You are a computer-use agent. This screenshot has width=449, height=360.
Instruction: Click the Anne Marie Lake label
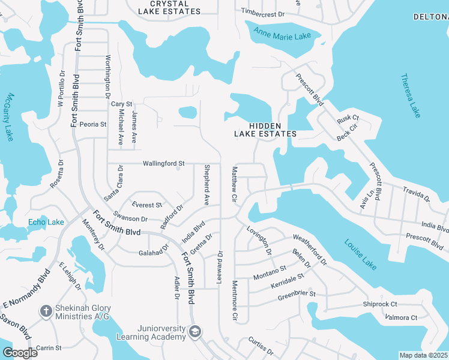pyautogui.click(x=282, y=34)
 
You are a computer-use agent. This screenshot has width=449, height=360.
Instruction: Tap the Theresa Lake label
pyautogui.click(x=411, y=95)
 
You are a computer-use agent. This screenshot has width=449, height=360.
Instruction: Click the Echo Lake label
pyautogui.click(x=46, y=222)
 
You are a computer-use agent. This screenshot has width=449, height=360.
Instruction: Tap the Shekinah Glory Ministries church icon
pyautogui.click(x=46, y=311)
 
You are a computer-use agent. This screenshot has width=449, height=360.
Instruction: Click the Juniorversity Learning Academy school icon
pyautogui.click(x=195, y=331)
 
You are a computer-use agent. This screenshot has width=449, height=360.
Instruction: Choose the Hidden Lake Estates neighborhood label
pyautogui.click(x=265, y=129)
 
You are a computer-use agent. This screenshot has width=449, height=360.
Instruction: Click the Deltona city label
pyautogui.click(x=430, y=17)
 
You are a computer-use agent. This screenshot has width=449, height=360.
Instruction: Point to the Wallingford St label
pyautogui.click(x=163, y=163)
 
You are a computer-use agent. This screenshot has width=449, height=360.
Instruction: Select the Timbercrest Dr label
pyautogui.click(x=262, y=11)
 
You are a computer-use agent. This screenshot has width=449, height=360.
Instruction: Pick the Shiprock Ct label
pyautogui.click(x=380, y=304)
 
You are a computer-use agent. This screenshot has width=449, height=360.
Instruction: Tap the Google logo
pyautogui.click(x=20, y=353)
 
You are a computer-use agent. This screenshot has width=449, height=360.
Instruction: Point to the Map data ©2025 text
pyautogui.click(x=423, y=355)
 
